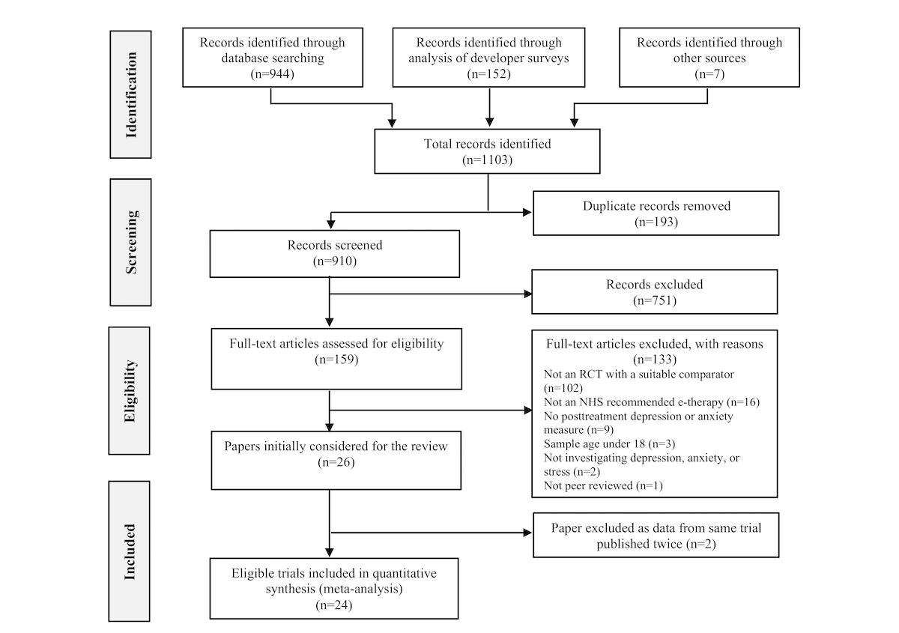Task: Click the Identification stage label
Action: tap(131, 94)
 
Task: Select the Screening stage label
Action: tap(131, 242)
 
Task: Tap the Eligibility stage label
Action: tap(130, 391)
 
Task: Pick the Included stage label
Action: tap(130, 551)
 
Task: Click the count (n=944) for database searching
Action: tap(273, 74)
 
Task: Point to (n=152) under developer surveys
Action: tap(488, 74)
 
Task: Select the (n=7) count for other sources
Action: tap(709, 74)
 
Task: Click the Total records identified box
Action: tap(487, 151)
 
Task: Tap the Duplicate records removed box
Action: tap(656, 213)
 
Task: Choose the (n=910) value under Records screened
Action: tap(335, 261)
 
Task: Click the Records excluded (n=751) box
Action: tap(655, 292)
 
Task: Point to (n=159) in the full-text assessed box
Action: tap(336, 360)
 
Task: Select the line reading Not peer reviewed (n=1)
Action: tap(603, 485)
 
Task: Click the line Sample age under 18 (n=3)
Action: tap(610, 443)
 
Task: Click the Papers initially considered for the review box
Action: tap(336, 461)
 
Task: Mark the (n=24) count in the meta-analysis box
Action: tap(334, 605)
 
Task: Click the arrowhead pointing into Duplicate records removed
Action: tap(527, 212)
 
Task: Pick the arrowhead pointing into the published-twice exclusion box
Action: tap(527, 533)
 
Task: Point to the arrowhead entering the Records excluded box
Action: tap(528, 294)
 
